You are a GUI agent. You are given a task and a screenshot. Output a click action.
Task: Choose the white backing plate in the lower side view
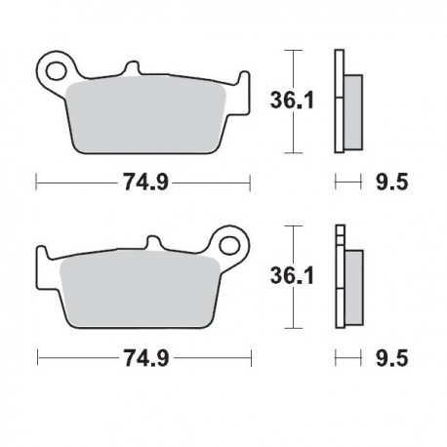point(339,283)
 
